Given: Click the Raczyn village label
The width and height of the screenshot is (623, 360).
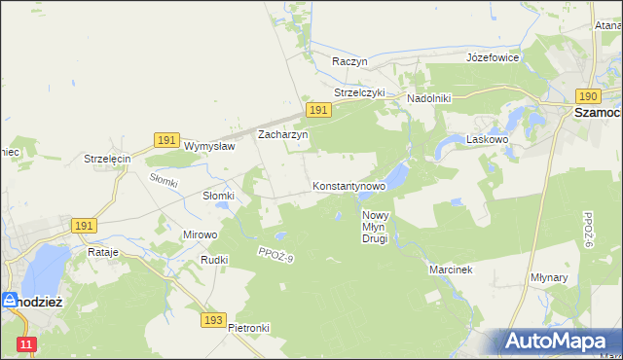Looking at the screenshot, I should point(349,60).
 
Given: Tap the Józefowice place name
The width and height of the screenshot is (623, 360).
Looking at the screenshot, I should point(493,57).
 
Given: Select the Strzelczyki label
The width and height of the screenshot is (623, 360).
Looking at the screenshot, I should point(360,92).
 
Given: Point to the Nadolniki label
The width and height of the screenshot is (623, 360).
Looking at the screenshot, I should point(428,98).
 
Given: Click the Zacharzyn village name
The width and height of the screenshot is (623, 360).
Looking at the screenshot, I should point(282,135).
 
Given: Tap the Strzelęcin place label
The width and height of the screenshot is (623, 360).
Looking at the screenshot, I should point(107,159).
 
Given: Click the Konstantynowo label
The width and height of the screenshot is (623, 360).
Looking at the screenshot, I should point(349,185).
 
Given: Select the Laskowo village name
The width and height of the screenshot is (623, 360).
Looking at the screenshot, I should point(489,139).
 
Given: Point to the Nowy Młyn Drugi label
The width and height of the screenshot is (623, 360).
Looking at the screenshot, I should point(375,227).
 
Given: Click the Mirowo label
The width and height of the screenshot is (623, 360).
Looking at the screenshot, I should point(201,234).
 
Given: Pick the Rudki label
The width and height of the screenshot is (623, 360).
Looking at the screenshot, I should point(214,260).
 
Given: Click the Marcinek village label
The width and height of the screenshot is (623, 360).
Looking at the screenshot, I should point(451,270).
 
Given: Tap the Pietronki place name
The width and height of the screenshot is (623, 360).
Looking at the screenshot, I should point(248,328).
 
